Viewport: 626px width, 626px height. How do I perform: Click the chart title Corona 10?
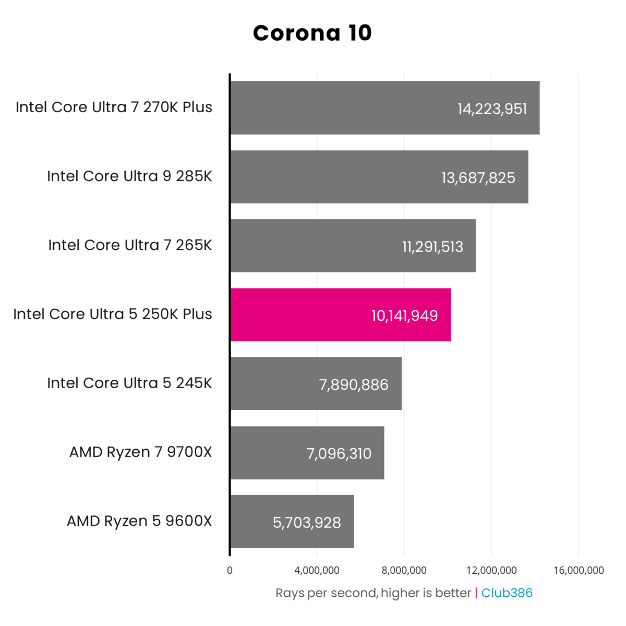point(312,33)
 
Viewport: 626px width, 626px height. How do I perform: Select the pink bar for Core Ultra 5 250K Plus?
point(340,315)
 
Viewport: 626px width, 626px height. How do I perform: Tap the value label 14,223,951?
point(492,109)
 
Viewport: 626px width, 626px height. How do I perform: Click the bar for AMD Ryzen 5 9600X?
point(292,521)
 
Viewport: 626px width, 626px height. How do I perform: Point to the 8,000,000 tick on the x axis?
point(404,570)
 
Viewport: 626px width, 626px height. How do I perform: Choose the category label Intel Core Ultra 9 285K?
point(129,176)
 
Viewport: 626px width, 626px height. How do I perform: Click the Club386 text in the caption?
point(507,593)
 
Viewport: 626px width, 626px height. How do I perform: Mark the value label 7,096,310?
point(339,453)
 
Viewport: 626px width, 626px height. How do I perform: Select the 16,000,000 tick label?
point(578,570)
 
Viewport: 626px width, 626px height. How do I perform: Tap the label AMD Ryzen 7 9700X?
point(140,452)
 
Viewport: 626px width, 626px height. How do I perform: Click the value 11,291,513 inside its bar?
point(432,246)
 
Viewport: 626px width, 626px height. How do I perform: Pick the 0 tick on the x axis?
point(230,570)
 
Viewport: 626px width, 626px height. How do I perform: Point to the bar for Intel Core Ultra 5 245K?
point(316,383)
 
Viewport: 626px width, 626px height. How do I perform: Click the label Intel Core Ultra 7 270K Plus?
point(114,107)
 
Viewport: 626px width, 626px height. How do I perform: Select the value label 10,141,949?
point(404,316)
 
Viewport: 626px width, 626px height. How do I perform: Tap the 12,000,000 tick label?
point(491,570)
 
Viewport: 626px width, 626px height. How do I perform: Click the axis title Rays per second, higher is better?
point(373,593)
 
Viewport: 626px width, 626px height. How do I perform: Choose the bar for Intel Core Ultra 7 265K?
point(353,246)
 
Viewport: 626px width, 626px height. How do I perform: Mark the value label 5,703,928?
point(307,522)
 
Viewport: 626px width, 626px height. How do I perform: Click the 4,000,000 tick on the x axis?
point(317,570)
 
